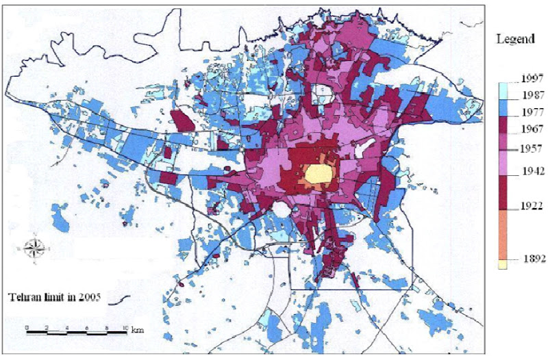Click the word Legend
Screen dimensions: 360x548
tap(515, 40)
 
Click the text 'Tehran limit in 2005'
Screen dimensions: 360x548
tap(54, 297)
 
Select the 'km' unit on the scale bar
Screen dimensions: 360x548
tap(137, 330)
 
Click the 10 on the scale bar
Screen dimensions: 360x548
tap(125, 329)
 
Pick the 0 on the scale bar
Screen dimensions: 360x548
tap(26, 329)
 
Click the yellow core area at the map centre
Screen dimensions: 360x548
tap(315, 175)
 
